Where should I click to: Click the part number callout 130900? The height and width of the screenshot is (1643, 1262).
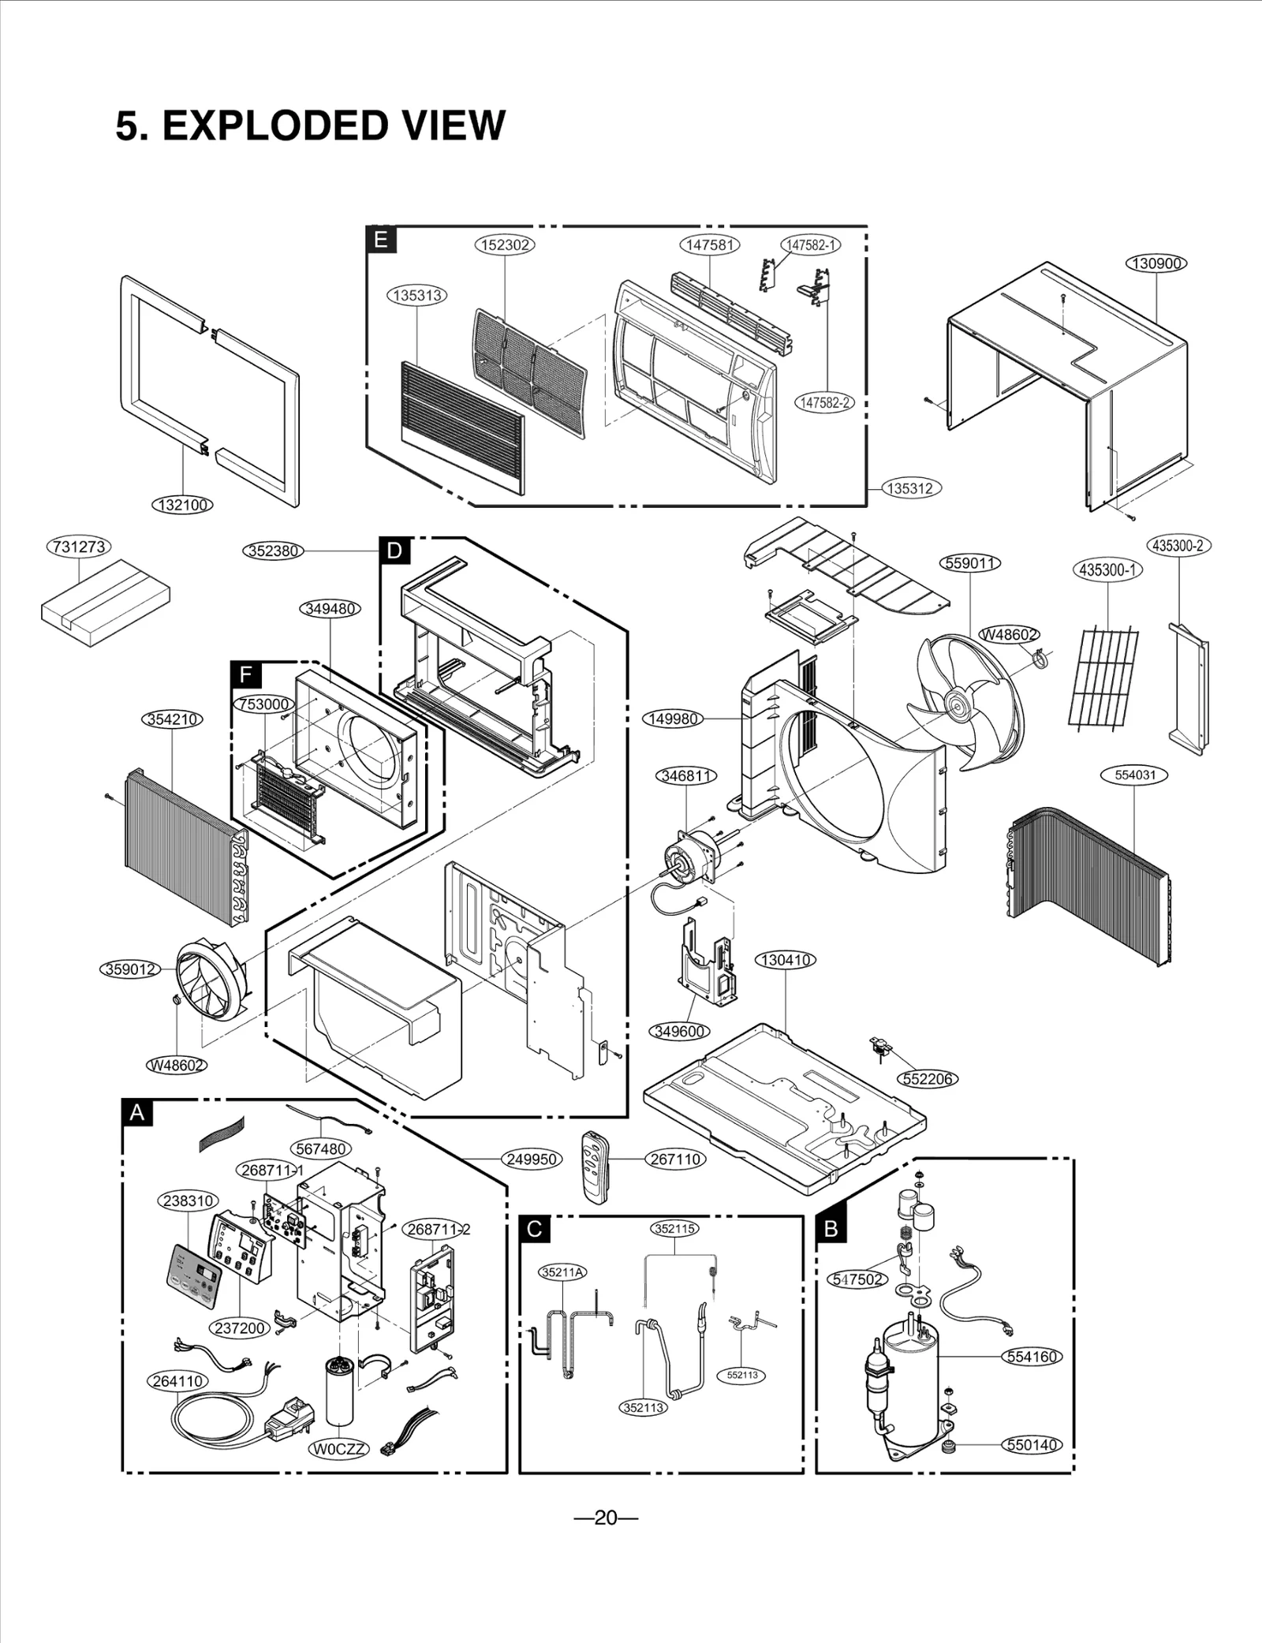pyautogui.click(x=1156, y=263)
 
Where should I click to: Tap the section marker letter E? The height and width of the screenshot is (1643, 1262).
pyautogui.click(x=381, y=240)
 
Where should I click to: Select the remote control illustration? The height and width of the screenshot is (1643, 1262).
pyautogui.click(x=596, y=1167)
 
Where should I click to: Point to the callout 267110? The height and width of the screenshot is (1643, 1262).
pyautogui.click(x=675, y=1159)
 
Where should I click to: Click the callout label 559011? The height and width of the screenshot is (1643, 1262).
pyautogui.click(x=972, y=563)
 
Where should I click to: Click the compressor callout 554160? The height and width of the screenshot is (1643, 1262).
pyautogui.click(x=1032, y=1357)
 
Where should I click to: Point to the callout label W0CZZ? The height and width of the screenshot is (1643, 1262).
pyautogui.click(x=339, y=1449)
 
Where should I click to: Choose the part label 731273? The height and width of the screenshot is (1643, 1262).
pyautogui.click(x=79, y=547)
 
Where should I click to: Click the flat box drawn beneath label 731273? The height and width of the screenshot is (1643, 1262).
pyautogui.click(x=106, y=603)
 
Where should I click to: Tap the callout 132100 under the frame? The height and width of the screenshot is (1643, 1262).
pyautogui.click(x=182, y=505)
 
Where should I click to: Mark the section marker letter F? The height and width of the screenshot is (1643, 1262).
pyautogui.click(x=245, y=674)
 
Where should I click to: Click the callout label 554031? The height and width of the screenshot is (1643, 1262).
pyautogui.click(x=1134, y=775)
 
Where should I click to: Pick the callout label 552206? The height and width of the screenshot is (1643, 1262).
pyautogui.click(x=928, y=1079)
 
